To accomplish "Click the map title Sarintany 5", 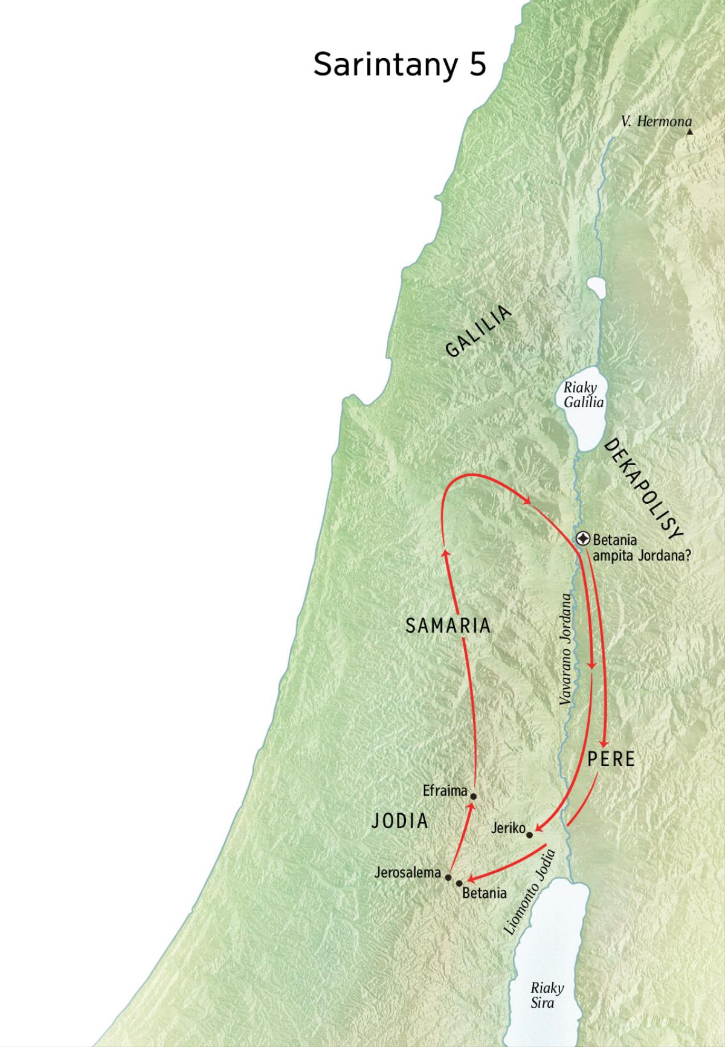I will click(399, 65).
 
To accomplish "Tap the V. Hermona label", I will click(656, 122).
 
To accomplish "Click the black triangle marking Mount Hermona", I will click(689, 130).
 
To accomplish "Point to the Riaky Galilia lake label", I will click(582, 395).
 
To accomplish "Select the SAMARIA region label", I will click(448, 626).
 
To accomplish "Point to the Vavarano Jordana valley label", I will click(565, 649).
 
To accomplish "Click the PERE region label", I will click(611, 759).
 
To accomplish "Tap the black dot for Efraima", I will click(474, 796).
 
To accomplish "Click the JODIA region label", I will click(399, 820).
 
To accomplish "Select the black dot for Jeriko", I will click(530, 835).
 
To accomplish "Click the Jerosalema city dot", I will click(448, 877).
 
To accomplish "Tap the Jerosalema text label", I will click(407, 872).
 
